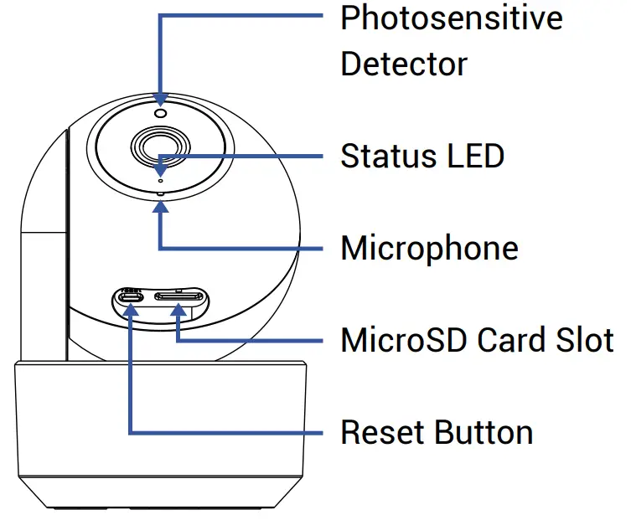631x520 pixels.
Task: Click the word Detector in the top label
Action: pyautogui.click(x=403, y=64)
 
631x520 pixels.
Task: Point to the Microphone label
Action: pyautogui.click(x=428, y=248)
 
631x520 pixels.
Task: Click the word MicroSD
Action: pyautogui.click(x=404, y=340)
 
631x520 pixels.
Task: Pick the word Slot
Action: pyautogui.click(x=585, y=340)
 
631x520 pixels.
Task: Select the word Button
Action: pyautogui.click(x=484, y=432)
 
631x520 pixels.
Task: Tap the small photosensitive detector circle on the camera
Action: pyautogui.click(x=160, y=113)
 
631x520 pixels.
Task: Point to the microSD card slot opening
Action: pyautogui.click(x=178, y=297)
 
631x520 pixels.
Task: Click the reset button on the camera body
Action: pyautogui.click(x=132, y=297)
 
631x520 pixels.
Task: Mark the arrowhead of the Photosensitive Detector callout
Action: pyautogui.click(x=160, y=99)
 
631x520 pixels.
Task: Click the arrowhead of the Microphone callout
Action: pyautogui.click(x=160, y=205)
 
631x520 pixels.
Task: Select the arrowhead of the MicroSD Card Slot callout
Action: pyautogui.click(x=178, y=311)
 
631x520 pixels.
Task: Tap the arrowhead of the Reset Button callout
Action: pyautogui.click(x=132, y=311)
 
